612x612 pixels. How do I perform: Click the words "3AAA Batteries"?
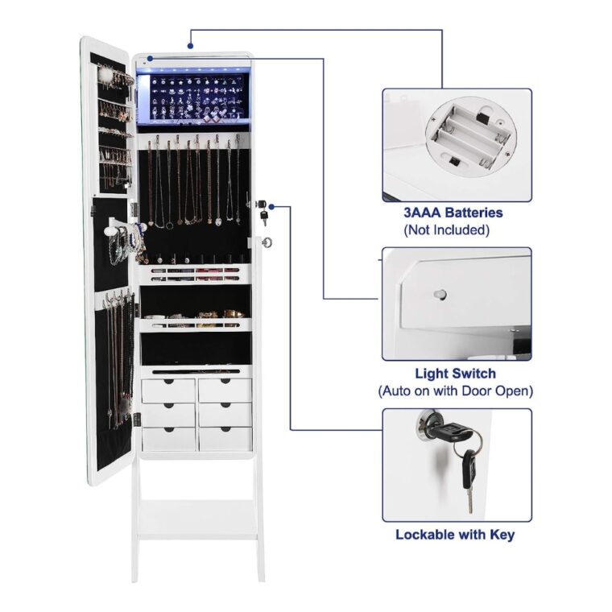453,213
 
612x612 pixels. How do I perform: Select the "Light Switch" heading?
455,374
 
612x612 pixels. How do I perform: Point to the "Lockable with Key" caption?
455,535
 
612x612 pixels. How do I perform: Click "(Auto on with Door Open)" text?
455,391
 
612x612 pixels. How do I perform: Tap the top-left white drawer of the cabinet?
168,391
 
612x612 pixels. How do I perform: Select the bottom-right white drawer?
225,439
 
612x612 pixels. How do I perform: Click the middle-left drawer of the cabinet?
168,415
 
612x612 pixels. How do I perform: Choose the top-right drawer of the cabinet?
225,391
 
